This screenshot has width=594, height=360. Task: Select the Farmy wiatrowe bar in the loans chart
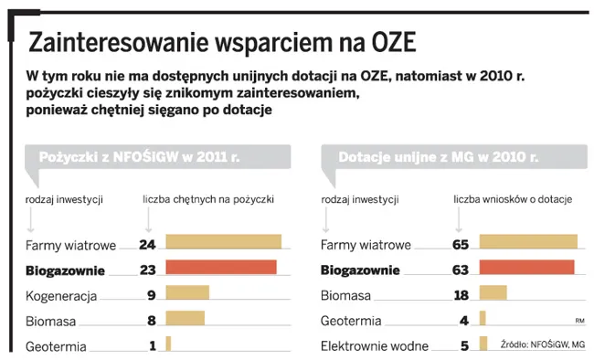click(223, 242)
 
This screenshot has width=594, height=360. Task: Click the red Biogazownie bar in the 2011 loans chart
click(220, 268)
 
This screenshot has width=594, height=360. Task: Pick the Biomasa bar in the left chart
click(185, 319)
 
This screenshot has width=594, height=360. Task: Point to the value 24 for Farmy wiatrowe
click(148, 244)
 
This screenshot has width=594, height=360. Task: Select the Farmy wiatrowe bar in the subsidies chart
click(528, 242)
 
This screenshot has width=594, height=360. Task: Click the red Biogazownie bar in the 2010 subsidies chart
click(526, 268)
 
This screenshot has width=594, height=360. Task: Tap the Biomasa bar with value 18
click(493, 293)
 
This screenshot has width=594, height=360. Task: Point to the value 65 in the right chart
click(460, 244)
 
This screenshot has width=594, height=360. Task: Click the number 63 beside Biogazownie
click(460, 270)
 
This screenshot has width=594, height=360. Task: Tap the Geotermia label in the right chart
click(351, 321)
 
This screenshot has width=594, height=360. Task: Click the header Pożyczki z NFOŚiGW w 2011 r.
click(139, 158)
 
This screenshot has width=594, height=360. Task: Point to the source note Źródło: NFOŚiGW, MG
click(542, 344)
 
